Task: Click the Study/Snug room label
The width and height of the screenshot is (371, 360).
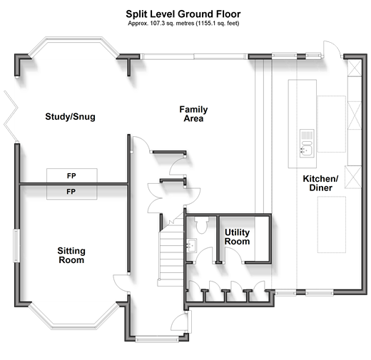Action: (x=70, y=117)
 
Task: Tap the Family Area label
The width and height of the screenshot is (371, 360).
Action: (x=193, y=114)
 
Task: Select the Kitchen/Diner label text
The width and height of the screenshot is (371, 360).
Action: (x=320, y=183)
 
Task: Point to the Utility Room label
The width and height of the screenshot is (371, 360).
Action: (x=237, y=237)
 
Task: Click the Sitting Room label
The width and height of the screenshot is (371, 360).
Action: (x=71, y=255)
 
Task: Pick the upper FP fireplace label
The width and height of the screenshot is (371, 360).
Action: (x=71, y=176)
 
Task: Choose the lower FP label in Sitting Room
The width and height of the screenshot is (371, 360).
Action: (x=71, y=192)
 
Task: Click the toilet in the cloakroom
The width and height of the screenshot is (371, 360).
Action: (x=202, y=225)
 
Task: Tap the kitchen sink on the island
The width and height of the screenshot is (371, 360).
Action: (x=307, y=143)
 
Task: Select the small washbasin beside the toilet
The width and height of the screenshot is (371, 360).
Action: (x=191, y=245)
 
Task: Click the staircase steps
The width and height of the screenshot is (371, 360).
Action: (x=171, y=252)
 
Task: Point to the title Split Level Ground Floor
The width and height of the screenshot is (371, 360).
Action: (x=183, y=14)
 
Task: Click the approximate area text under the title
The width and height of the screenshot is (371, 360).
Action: (x=183, y=24)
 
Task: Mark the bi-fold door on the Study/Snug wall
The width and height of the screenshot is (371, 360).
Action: (x=11, y=116)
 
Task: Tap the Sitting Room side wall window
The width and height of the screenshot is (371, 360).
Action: (x=16, y=246)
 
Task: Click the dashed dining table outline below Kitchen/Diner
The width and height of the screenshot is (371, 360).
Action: (x=332, y=225)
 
